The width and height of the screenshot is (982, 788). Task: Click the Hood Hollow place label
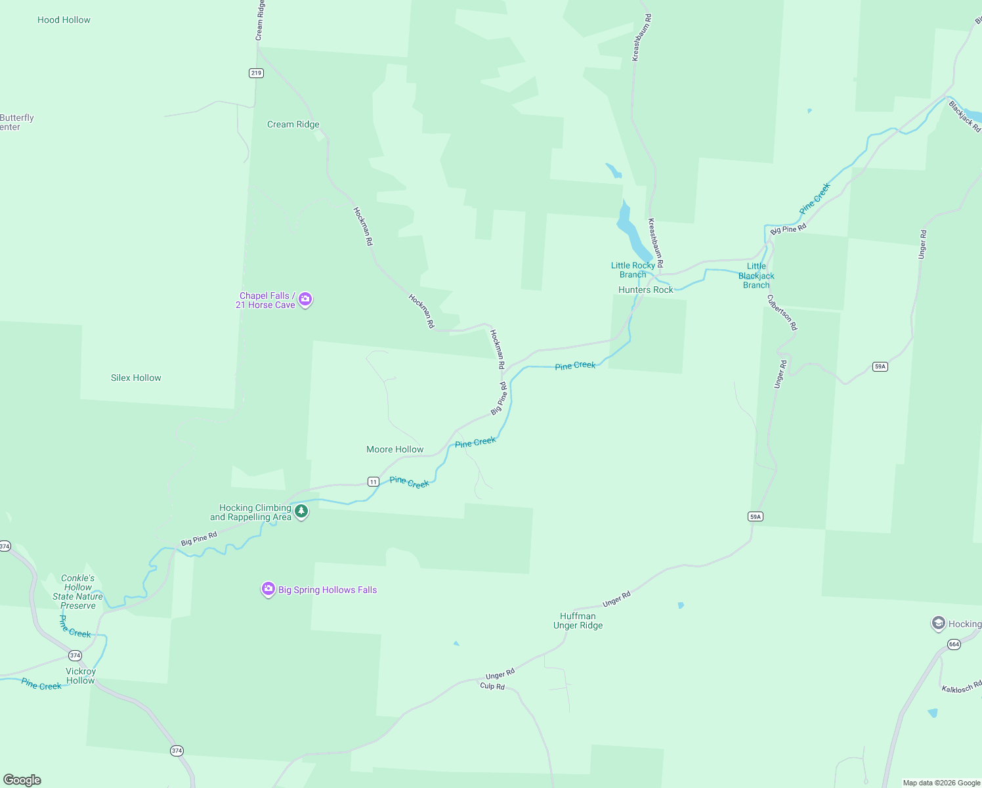point(64,20)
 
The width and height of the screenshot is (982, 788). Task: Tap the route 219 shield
point(257,73)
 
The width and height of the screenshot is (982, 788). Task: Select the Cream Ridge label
point(293,124)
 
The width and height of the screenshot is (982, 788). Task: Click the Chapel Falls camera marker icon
point(305,299)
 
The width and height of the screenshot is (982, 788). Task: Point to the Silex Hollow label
point(136,378)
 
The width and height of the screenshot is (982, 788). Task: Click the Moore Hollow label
point(395,449)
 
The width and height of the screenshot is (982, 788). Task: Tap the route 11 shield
point(374,481)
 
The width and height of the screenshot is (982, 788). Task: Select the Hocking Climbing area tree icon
point(301,511)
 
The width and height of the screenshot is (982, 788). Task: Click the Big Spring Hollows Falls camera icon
point(268,588)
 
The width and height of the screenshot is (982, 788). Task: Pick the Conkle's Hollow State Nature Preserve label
point(78,592)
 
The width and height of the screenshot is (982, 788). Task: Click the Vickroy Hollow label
point(81,676)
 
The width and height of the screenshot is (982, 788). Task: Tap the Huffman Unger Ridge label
point(578,621)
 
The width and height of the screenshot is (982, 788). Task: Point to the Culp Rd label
point(492,686)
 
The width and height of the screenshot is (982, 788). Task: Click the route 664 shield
point(954,644)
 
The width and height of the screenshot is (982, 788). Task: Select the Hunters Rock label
point(646,290)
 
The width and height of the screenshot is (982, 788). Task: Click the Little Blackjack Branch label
point(756,276)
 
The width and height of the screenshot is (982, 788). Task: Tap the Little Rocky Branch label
point(633,270)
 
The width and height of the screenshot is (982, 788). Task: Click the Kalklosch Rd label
point(962,687)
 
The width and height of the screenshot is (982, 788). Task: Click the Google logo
point(22,780)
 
